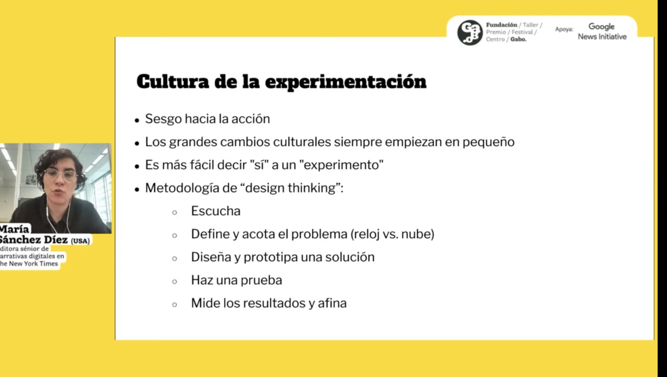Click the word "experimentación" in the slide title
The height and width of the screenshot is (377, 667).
click(x=345, y=82)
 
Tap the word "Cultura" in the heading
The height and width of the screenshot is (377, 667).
click(x=173, y=81)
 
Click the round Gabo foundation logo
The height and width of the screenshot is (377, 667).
click(x=470, y=33)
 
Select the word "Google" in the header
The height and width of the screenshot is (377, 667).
click(x=601, y=26)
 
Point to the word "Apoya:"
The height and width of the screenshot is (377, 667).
click(x=564, y=29)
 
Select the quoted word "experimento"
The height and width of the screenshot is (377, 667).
click(x=341, y=165)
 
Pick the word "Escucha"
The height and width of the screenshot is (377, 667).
click(x=216, y=211)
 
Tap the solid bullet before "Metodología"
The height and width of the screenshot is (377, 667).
click(x=137, y=190)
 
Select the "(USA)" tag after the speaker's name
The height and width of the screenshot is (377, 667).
click(x=80, y=241)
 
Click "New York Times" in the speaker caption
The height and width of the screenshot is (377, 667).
click(x=33, y=264)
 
